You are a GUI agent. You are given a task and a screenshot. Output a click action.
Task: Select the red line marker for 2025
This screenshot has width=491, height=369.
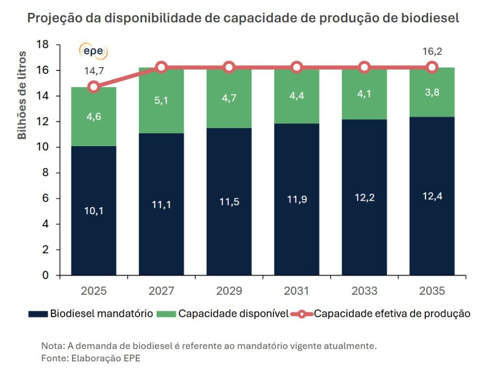[x=94, y=87]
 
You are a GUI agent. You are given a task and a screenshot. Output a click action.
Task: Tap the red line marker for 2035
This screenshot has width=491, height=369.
[x=432, y=67]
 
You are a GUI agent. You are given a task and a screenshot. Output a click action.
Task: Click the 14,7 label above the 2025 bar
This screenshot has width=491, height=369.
[x=94, y=71]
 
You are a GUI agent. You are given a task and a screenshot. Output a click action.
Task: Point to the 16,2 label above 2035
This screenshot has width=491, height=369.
[x=432, y=51]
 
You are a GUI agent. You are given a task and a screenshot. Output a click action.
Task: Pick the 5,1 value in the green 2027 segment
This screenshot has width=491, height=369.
[x=161, y=101]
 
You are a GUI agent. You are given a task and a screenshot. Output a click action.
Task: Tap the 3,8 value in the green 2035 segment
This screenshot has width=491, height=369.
[x=432, y=92]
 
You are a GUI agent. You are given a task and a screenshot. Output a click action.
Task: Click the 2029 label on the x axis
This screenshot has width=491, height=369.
[x=229, y=291]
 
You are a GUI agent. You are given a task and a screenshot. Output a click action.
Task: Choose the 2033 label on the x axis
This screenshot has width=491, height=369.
[x=364, y=291]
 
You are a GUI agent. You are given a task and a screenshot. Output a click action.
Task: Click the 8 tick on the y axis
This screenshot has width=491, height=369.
[x=46, y=173]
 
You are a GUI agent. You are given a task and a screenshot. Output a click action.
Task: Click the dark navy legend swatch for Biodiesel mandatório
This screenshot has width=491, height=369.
[x=38, y=314]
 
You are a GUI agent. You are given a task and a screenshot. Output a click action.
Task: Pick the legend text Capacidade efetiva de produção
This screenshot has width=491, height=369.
[x=392, y=314]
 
